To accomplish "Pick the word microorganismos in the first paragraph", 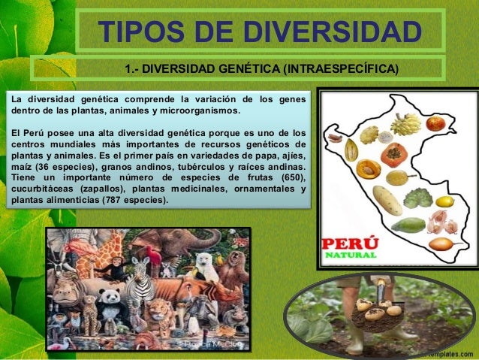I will tap(199, 111).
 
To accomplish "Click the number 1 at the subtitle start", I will tap(128, 71).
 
